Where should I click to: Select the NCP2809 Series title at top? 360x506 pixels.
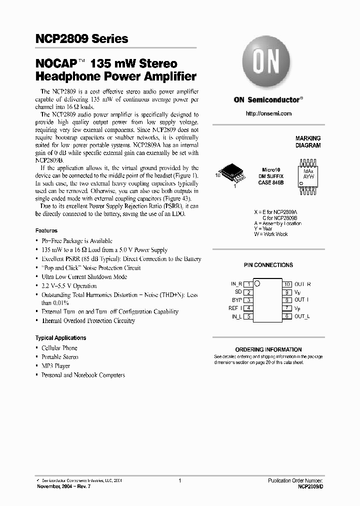(x=81, y=39)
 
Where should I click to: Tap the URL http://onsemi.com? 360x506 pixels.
(x=268, y=114)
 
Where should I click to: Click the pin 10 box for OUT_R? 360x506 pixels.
(x=287, y=284)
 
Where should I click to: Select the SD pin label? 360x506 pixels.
(x=238, y=291)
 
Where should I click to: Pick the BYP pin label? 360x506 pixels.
(x=237, y=300)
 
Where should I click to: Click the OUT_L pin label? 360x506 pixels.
(x=302, y=316)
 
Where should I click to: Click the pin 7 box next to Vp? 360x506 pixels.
(x=287, y=308)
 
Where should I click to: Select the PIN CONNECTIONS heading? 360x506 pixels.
(x=268, y=265)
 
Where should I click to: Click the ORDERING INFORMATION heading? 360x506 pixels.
(x=268, y=349)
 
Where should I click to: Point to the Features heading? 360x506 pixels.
(x=46, y=231)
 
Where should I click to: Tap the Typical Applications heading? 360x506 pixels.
(x=61, y=338)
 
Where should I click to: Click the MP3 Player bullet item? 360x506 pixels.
(x=55, y=366)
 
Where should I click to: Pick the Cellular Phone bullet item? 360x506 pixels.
(x=59, y=348)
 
